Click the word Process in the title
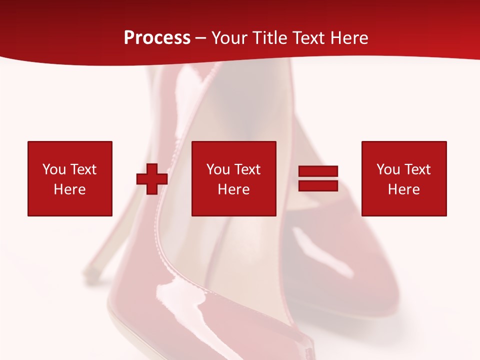157,38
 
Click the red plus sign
152,179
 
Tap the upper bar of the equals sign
318,171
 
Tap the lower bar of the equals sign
318,185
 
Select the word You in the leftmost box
54,169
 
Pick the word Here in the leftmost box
69,189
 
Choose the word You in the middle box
218,169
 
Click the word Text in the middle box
247,169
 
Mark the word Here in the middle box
233,189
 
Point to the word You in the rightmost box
388,169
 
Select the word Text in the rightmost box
417,169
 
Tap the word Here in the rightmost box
403,189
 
